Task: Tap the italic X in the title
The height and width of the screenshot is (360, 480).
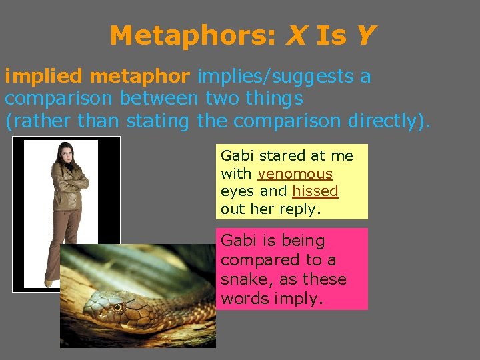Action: [295, 35]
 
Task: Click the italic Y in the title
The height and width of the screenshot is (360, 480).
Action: [365, 35]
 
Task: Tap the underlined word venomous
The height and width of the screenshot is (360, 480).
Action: [295, 174]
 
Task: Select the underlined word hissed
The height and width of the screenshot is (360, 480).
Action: [315, 191]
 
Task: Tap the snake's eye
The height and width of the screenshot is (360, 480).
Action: [118, 307]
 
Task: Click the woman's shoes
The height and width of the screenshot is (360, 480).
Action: [49, 283]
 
